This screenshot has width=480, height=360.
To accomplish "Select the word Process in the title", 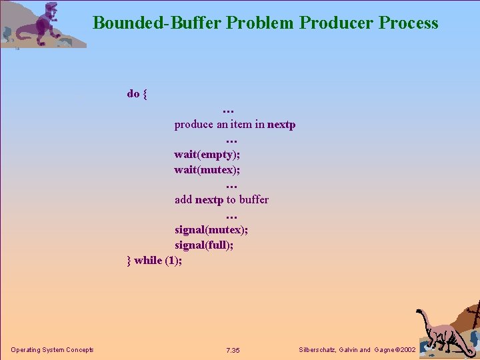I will coord(408,23).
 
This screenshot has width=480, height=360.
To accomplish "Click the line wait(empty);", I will coord(207,154).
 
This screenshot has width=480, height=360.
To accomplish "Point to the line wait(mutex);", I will coord(207,169).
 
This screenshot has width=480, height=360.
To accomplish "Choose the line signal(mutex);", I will coord(210,229).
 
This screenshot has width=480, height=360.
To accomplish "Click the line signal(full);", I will coord(204,245).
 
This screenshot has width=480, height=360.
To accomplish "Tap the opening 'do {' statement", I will coord(137,93).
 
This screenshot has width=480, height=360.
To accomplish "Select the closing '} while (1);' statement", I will coord(154,260).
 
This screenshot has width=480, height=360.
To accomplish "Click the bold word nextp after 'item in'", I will coord(281,124).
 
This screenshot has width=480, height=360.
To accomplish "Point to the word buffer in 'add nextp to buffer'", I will coord(254,199).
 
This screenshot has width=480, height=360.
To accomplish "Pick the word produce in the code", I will coord(194,125).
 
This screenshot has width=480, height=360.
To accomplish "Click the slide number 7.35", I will coord(233,350).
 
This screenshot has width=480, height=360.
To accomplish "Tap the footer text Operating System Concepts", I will coord(52,350).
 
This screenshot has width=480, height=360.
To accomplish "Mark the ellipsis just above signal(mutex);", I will coord(231,215).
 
